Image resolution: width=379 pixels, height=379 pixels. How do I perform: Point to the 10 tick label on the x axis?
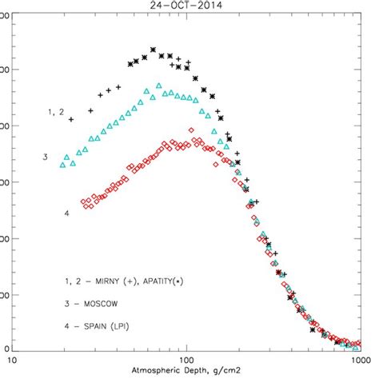point(14,361)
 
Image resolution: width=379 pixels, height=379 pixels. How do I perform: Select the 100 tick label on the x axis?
point(187,361)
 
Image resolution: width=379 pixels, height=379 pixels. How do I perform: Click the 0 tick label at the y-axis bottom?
point(6,349)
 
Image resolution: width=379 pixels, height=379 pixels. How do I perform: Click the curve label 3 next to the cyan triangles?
point(46,157)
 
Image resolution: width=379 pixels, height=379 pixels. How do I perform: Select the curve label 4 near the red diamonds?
point(67,213)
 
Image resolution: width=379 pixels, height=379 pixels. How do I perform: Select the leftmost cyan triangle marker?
point(63,166)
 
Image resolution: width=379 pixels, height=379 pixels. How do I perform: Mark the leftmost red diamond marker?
point(84,202)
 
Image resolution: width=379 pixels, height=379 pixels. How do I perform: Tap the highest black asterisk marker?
point(154,50)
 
